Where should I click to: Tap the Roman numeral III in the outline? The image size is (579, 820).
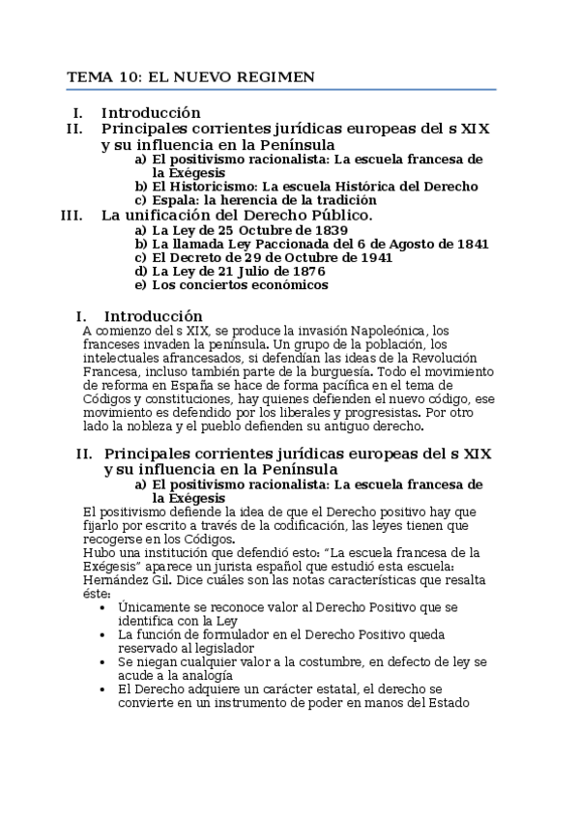pyautogui.click(x=72, y=215)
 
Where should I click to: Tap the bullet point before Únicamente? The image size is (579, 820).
pyautogui.click(x=103, y=606)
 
